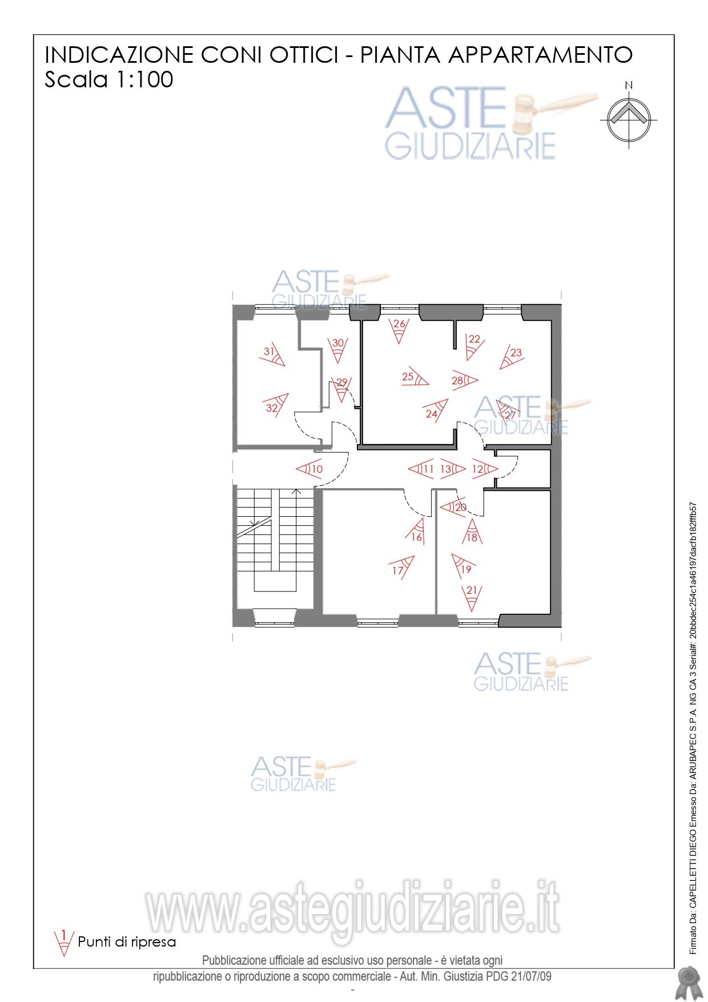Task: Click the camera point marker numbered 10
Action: coord(309,469)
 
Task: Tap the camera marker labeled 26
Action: coord(399,330)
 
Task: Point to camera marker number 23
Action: coord(510,356)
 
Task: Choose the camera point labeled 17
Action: coord(402,566)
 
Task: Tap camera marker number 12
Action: coord(484,469)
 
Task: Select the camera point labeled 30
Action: coord(338,349)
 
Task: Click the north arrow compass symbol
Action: coord(629,116)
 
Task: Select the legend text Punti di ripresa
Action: coord(127,941)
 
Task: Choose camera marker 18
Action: coord(472,530)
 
